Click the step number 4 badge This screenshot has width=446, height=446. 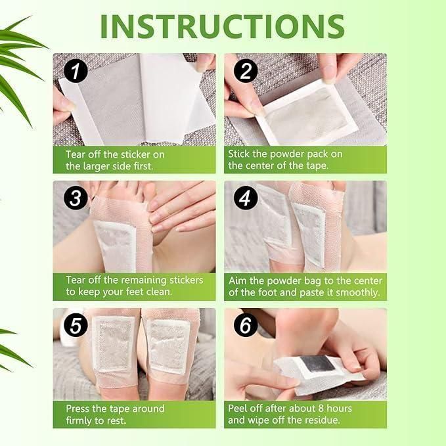point(244,198)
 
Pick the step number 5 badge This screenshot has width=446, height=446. point(75,324)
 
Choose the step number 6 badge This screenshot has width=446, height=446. point(244,325)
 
